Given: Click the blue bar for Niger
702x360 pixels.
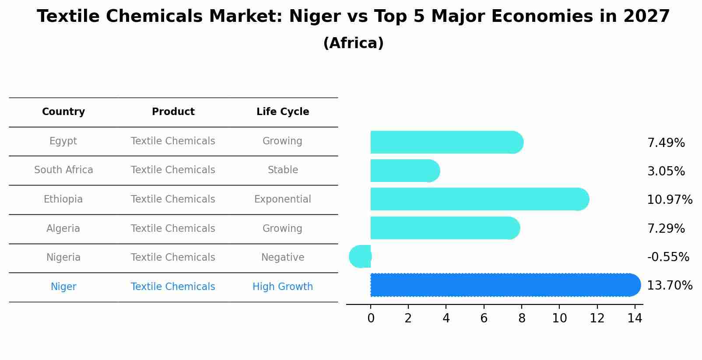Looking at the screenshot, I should point(503,285).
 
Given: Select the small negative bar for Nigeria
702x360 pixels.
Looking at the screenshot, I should point(361,256).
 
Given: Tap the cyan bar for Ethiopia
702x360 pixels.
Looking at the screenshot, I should point(477,199).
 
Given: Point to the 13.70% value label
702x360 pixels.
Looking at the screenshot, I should point(669,286).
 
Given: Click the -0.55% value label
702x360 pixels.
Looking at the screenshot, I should point(668,257).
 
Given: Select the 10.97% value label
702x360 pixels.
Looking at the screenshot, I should point(669,200).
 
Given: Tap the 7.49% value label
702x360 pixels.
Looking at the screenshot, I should point(666,143).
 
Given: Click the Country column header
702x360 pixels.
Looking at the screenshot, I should point(63,112).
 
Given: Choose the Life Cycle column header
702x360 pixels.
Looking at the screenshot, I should point(283,112).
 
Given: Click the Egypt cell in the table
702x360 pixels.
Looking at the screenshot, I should point(63,141).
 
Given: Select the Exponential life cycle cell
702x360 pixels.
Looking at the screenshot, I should point(282,199).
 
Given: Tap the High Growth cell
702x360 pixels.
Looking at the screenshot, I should point(282,287).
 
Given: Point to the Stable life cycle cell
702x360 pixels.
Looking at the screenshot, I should point(283,170).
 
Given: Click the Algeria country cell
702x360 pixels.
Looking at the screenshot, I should point(63,229).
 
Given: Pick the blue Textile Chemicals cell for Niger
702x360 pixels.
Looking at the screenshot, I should point(173,287).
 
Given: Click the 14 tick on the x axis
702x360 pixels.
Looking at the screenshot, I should point(635,318).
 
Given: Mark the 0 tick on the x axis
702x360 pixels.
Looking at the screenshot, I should point(371,318).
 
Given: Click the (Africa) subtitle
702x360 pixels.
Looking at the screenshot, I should point(353,43).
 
